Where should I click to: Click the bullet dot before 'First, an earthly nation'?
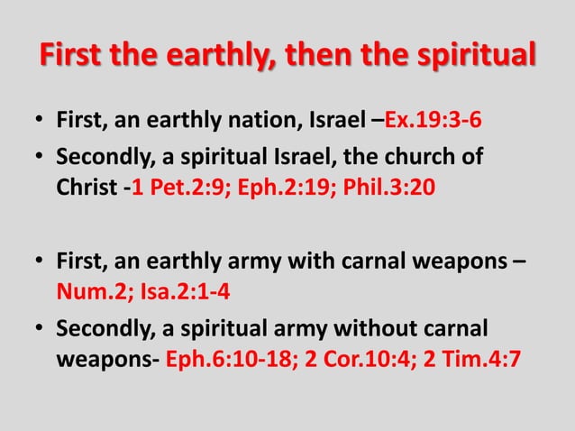[x=40, y=121]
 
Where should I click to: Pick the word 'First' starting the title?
[x=72, y=54]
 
